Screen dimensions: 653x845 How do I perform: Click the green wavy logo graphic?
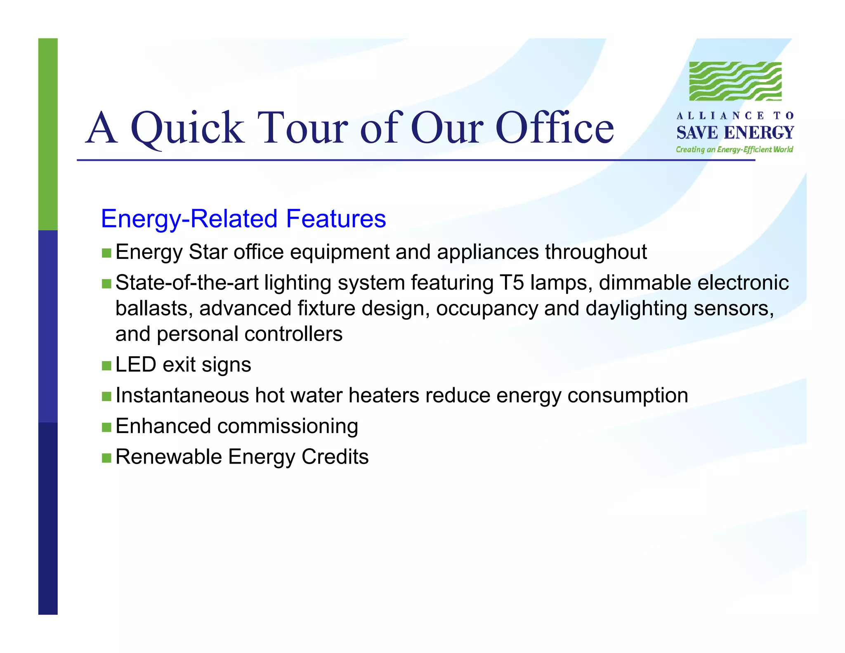pyautogui.click(x=735, y=81)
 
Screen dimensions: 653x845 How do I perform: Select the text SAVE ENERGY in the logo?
pyautogui.click(x=735, y=133)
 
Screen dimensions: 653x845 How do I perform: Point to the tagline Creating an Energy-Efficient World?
pyautogui.click(x=734, y=149)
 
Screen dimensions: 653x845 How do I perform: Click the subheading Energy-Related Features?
pyautogui.click(x=243, y=219)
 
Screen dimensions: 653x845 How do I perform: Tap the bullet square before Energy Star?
pyautogui.click(x=106, y=253)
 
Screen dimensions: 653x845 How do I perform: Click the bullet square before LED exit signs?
pyautogui.click(x=106, y=366)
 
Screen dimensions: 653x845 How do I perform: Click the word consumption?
pyautogui.click(x=628, y=396)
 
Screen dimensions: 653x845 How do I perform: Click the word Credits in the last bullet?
pyautogui.click(x=335, y=457)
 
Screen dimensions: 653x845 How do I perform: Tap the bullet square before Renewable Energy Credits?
pyautogui.click(x=106, y=458)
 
